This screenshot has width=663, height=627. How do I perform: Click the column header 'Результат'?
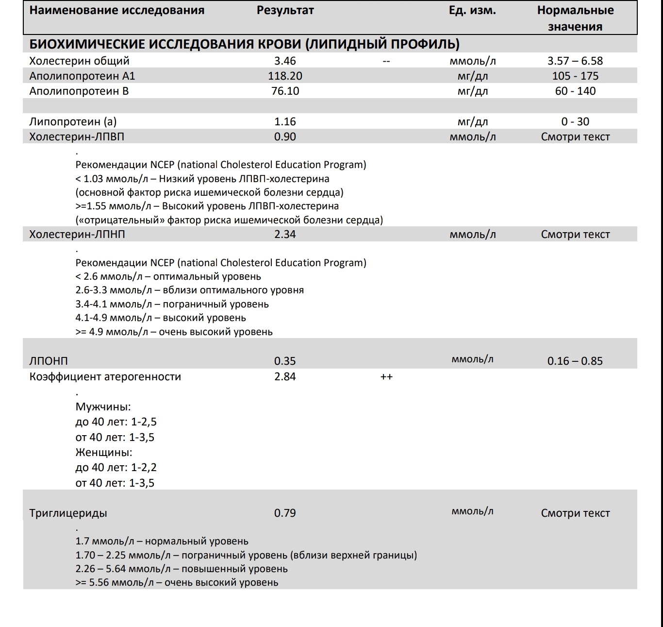[285, 10]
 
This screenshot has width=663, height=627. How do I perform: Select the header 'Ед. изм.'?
[472, 10]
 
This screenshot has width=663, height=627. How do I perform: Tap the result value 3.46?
[285, 61]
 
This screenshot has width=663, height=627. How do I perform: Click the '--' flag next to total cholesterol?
[386, 61]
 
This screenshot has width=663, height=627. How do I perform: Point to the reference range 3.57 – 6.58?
[575, 61]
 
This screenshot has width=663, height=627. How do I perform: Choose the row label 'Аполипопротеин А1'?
[82, 76]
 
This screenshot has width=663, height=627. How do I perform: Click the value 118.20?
[285, 76]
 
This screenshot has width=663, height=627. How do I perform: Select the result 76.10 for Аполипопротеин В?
[285, 91]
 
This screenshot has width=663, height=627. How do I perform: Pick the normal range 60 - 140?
[575, 91]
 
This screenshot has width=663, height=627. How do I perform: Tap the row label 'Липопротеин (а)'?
[73, 121]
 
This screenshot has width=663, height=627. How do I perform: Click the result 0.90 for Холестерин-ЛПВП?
[285, 136]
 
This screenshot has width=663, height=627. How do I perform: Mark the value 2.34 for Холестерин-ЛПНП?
[285, 234]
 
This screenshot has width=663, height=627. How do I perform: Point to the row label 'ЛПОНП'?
[49, 361]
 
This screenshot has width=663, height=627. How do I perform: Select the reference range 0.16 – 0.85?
[575, 361]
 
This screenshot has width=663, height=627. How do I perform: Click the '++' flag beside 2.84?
[386, 376]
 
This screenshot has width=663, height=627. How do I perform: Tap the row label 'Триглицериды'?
[68, 513]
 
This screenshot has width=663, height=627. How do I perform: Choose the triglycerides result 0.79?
[285, 513]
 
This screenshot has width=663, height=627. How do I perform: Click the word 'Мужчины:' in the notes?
[103, 407]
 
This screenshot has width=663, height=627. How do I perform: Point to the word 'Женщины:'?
[103, 452]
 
